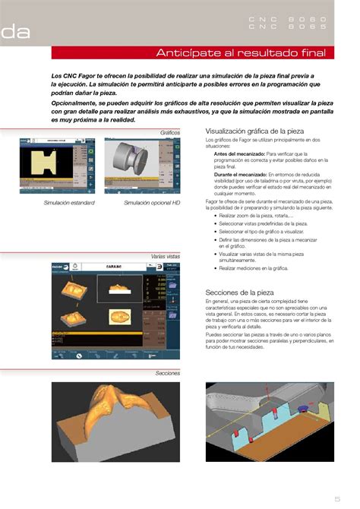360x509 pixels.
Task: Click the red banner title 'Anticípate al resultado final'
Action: [x=240, y=53]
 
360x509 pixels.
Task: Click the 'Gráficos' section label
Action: [x=169, y=132]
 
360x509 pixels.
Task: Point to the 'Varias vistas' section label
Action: [x=165, y=258]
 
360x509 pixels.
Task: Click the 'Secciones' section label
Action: [x=167, y=373]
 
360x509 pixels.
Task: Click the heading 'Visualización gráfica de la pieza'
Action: [x=254, y=131]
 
